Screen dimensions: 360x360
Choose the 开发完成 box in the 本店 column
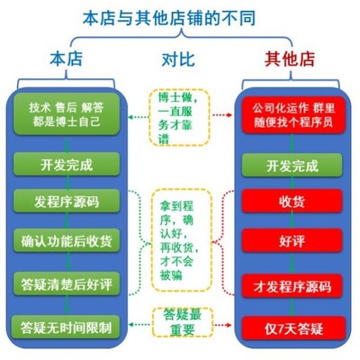tap(66, 166)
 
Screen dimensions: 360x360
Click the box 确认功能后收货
tap(66, 241)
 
